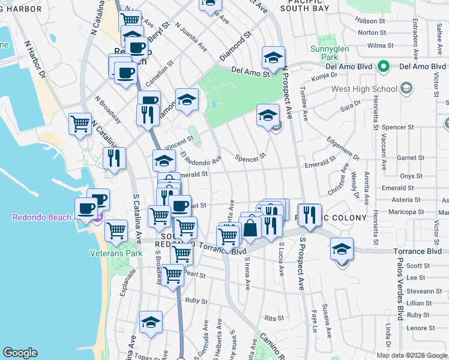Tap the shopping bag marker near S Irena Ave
[251, 227]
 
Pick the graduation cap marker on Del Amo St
[273, 58]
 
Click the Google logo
[20, 353]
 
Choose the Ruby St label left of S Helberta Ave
[192, 300]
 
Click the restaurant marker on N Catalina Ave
[113, 159]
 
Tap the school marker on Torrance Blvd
[342, 249]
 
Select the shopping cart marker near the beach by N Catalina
[80, 124]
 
